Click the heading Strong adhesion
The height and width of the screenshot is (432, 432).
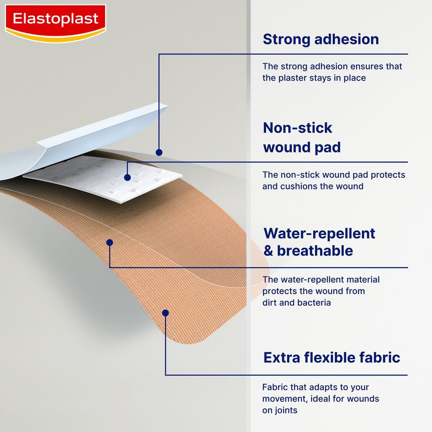(x=320, y=39)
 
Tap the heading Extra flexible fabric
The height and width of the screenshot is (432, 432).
(x=332, y=358)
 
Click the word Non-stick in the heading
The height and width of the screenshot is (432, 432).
(x=297, y=128)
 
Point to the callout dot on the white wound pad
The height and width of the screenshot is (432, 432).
(x=127, y=178)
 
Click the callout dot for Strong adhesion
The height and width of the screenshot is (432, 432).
(x=159, y=153)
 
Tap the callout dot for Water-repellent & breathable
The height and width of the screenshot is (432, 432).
(x=109, y=243)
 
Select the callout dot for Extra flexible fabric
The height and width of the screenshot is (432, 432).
(x=165, y=313)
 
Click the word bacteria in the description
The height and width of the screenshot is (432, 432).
(x=314, y=303)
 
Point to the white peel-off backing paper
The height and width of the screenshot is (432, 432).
(x=90, y=135)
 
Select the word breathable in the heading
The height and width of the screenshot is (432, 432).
(x=315, y=251)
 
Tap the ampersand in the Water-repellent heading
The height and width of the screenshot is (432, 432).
(x=268, y=251)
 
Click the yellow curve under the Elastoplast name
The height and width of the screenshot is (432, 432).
(x=55, y=37)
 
